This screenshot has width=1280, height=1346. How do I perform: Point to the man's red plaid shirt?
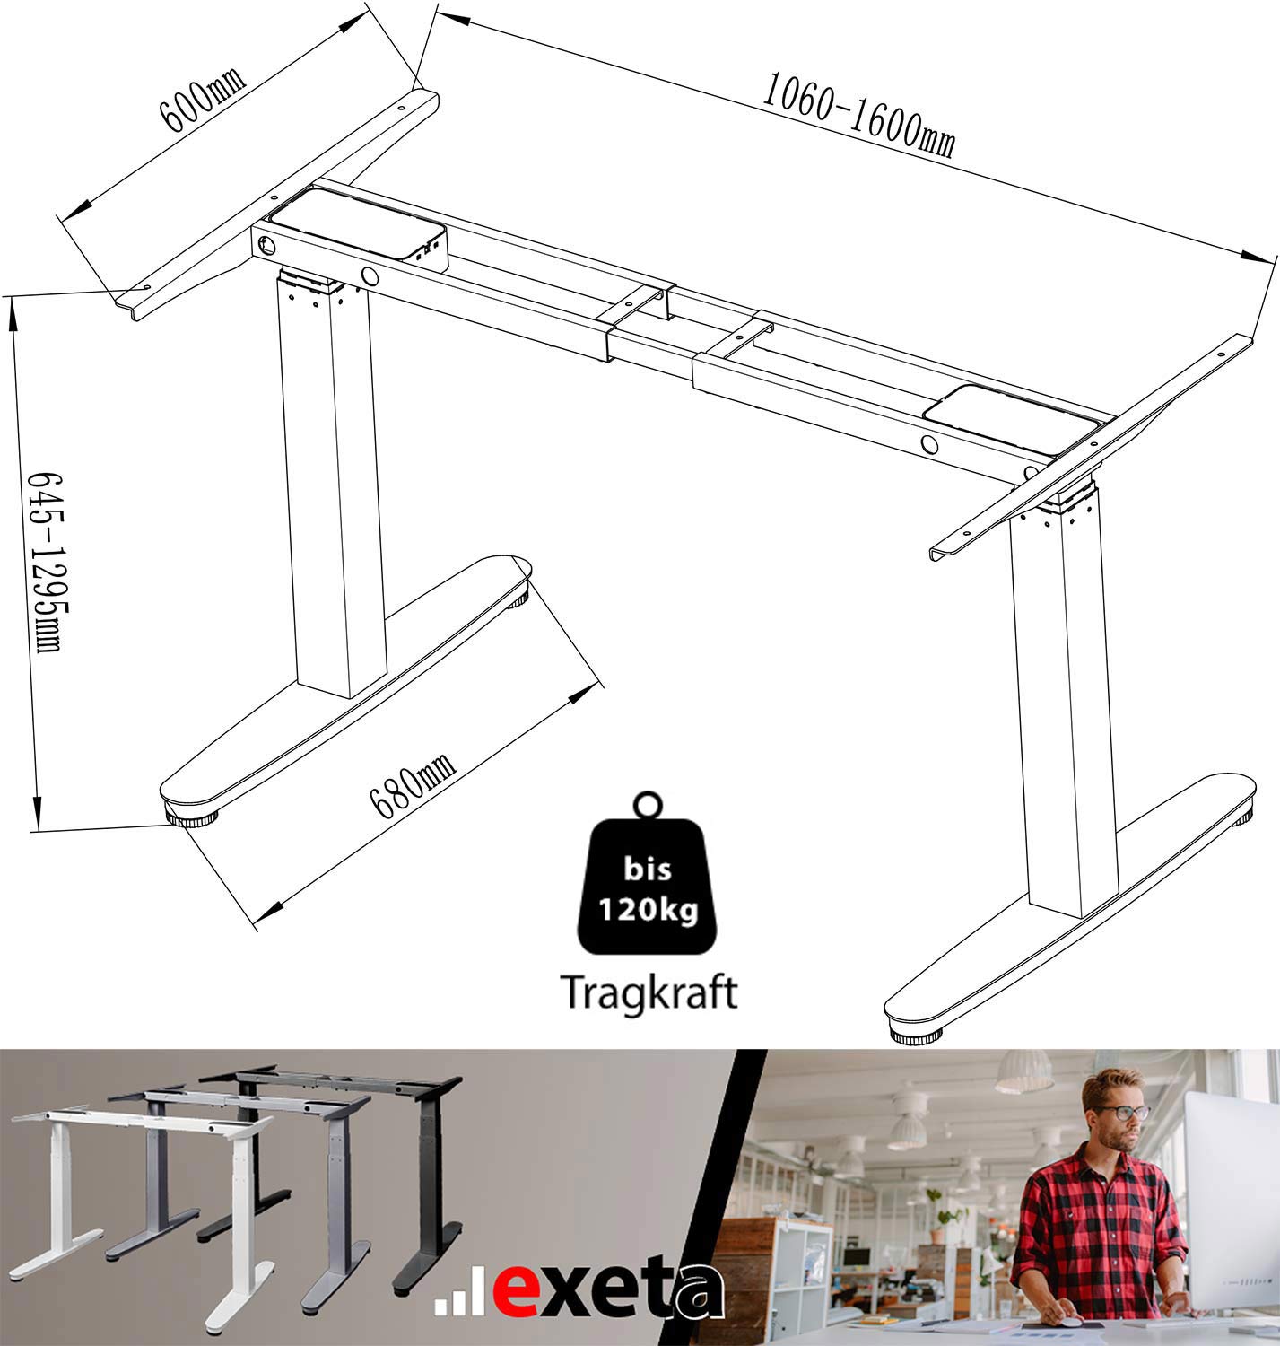click(1094, 1220)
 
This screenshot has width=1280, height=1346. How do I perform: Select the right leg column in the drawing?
click(1063, 700)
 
